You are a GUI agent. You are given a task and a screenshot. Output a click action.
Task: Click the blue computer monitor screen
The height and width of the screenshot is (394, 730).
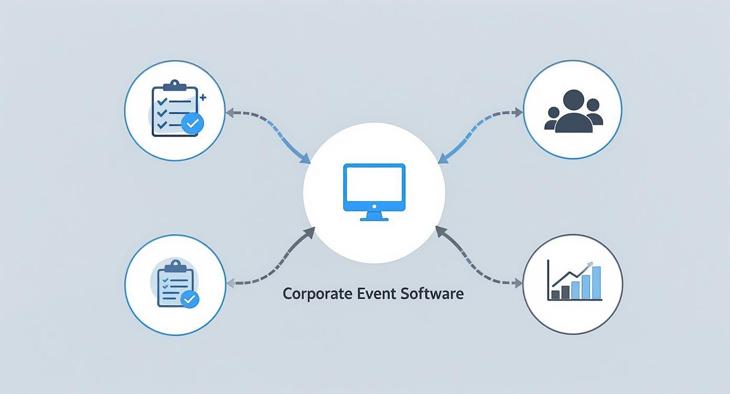tap(374, 187)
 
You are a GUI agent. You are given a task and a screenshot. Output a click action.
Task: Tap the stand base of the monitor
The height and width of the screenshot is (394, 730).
tap(374, 219)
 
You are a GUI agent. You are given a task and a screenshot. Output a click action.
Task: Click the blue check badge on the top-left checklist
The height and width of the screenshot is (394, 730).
tap(192, 124)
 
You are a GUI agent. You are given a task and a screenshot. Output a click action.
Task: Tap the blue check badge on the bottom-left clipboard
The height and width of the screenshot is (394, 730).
tap(189, 299)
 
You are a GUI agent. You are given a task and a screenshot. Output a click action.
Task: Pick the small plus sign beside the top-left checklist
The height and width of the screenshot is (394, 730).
tap(203, 97)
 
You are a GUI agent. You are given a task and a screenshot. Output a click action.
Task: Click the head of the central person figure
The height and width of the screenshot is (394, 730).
tap(573, 100)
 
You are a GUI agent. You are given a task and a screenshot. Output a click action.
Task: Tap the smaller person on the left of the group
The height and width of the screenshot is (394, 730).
tap(553, 118)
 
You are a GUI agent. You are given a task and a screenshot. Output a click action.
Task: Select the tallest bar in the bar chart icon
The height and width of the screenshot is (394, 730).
tap(596, 282)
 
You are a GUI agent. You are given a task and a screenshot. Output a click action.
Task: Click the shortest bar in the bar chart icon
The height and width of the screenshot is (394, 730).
tap(553, 294)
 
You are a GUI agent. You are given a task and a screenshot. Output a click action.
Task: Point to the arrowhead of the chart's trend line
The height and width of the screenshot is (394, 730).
tap(591, 265)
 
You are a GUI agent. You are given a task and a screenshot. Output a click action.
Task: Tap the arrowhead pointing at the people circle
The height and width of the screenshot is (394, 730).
tap(519, 112)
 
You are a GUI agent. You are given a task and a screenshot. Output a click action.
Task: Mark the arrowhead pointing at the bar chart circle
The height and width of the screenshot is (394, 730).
tap(519, 283)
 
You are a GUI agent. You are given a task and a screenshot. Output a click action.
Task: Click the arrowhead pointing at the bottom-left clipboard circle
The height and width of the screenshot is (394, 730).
tap(230, 283)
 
